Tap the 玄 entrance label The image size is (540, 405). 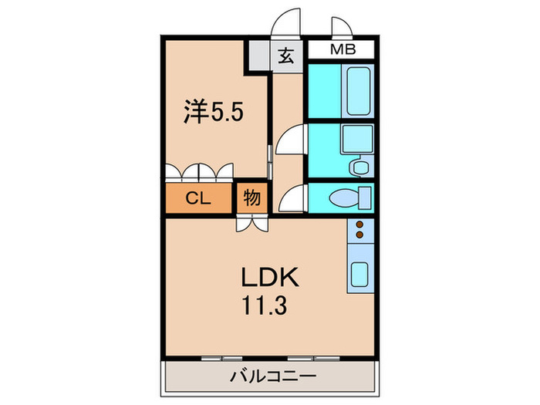[286, 56]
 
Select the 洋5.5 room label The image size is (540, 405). [213, 113]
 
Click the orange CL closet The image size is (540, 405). [197, 198]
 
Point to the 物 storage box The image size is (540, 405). [251, 197]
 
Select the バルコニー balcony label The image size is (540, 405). [271, 377]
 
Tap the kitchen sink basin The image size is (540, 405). [359, 274]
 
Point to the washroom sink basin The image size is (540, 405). [357, 140]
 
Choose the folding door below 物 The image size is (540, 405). [252, 223]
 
